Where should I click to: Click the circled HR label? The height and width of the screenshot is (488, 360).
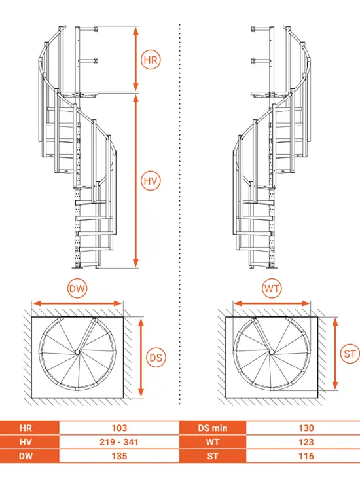pyautogui.click(x=151, y=60)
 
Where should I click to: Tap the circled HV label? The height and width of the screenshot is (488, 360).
pyautogui.click(x=151, y=181)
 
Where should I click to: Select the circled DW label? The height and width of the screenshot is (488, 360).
pyautogui.click(x=77, y=288)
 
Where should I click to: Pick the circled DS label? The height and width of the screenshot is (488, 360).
pyautogui.click(x=156, y=358)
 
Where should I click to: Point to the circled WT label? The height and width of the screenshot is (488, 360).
pyautogui.click(x=272, y=288)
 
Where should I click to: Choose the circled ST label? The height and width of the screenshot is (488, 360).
pyautogui.click(x=350, y=354)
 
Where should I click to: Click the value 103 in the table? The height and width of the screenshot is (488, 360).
pyautogui.click(x=119, y=428)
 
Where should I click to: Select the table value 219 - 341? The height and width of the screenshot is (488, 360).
pyautogui.click(x=119, y=442)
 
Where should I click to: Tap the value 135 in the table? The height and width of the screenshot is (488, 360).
pyautogui.click(x=119, y=456)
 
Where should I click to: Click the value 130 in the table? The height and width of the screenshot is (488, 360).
pyautogui.click(x=306, y=428)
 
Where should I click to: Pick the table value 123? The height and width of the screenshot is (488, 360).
pyautogui.click(x=306, y=442)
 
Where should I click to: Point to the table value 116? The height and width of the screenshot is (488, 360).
pyautogui.click(x=306, y=456)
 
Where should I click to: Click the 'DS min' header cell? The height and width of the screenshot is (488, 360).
pyautogui.click(x=213, y=428)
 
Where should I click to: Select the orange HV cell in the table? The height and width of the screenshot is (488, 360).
pyautogui.click(x=29, y=442)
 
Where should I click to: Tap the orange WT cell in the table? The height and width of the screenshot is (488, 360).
pyautogui.click(x=213, y=442)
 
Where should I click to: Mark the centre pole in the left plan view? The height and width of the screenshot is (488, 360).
pyautogui.click(x=77, y=352)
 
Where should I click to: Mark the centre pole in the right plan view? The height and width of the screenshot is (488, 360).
pyautogui.click(x=272, y=352)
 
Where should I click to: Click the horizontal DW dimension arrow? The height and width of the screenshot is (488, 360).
pyautogui.click(x=77, y=303)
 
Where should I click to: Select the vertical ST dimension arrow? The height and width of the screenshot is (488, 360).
pyautogui.click(x=335, y=354)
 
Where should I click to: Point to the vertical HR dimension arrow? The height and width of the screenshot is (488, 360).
pyautogui.click(x=135, y=59)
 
